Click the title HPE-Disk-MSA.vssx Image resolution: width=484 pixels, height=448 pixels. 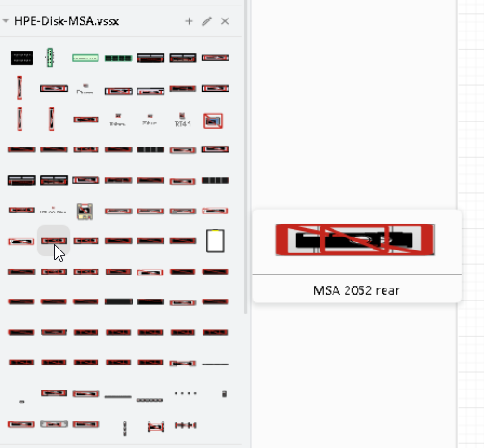tap(66, 20)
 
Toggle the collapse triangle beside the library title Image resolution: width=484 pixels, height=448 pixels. tap(7, 20)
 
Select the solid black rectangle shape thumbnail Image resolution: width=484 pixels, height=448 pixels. tap(22, 58)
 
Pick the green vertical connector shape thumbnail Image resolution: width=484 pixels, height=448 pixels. tap(50, 58)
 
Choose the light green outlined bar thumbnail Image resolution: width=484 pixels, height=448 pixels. tap(85, 58)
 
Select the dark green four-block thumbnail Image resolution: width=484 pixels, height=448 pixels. tap(118, 58)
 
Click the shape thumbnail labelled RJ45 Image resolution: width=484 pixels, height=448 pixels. tap(183, 120)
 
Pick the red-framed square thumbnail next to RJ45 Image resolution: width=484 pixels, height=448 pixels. tap(214, 121)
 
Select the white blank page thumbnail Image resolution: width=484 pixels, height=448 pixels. tap(215, 240)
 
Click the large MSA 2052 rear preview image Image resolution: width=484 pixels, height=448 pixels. tap(356, 239)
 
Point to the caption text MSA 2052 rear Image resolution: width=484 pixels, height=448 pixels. tap(356, 290)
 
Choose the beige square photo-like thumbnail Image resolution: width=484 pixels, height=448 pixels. tap(85, 211)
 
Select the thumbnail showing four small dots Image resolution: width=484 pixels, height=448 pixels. tap(184, 393)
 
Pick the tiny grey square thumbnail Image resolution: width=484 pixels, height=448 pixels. tap(21, 401)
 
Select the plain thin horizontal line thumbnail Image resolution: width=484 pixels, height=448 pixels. tap(215, 364)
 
